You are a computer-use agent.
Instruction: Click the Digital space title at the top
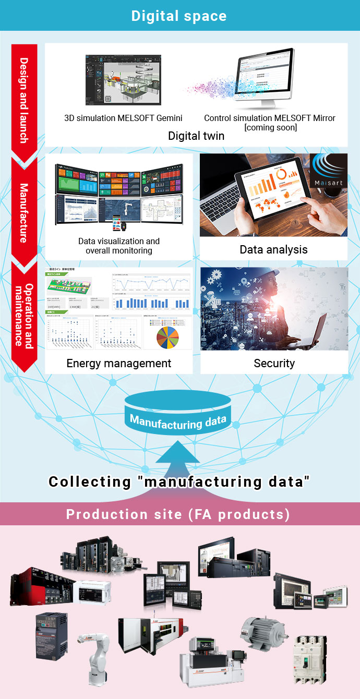[179, 16]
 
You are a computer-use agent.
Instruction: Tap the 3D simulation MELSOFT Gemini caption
[123, 118]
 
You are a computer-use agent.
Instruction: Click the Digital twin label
[196, 136]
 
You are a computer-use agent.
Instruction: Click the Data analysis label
[273, 249]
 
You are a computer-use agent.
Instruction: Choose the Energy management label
[119, 363]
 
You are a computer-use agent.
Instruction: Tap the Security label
[274, 363]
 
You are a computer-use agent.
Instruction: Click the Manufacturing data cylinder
[178, 412]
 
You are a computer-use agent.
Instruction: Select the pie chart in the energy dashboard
[167, 338]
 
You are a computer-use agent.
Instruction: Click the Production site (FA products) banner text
[178, 514]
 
